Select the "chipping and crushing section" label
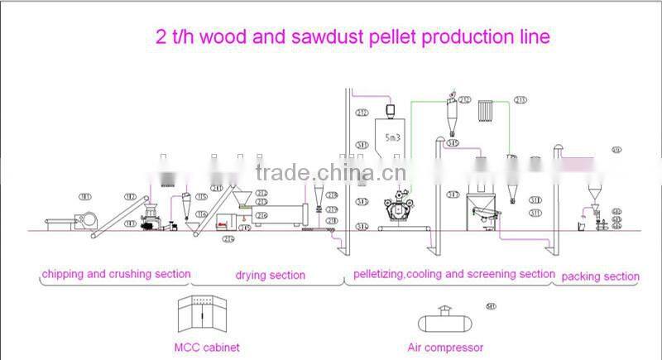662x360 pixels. (x=116, y=274)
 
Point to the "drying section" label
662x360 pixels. (x=270, y=275)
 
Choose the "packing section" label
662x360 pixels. (x=600, y=276)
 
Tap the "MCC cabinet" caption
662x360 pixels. (x=208, y=348)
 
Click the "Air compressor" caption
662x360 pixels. (x=445, y=348)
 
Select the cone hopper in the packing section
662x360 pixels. (x=593, y=195)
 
